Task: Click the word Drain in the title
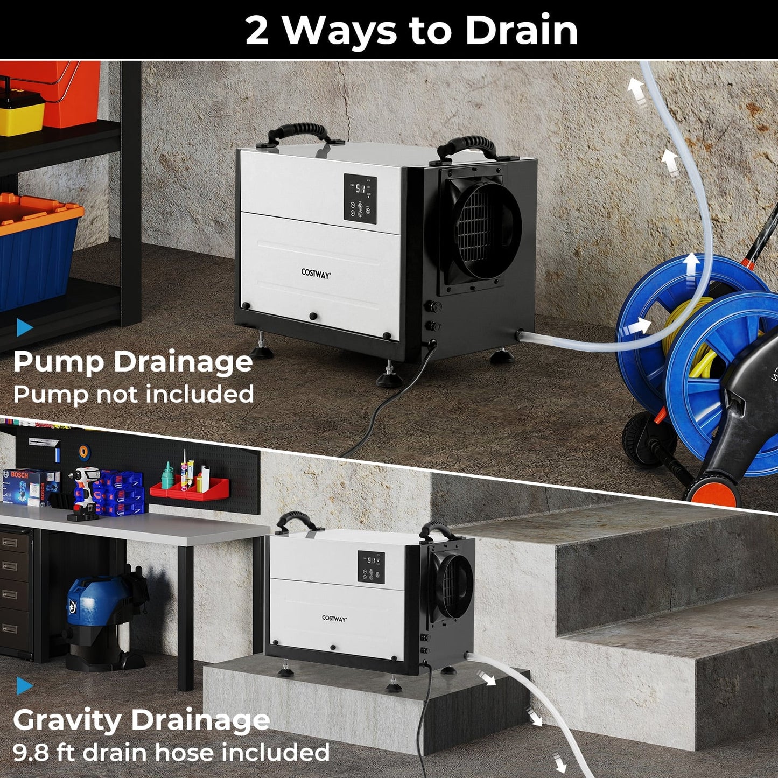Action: pyautogui.click(x=521, y=31)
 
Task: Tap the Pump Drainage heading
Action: pyautogui.click(x=132, y=361)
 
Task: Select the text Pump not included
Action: pyautogui.click(x=133, y=394)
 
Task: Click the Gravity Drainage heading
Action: pyautogui.click(x=141, y=720)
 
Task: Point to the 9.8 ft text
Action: pyautogui.click(x=44, y=752)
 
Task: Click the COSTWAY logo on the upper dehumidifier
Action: pyautogui.click(x=316, y=273)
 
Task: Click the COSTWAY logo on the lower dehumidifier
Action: pyautogui.click(x=334, y=619)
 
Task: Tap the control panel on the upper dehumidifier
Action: pyautogui.click(x=360, y=198)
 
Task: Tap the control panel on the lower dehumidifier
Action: pyautogui.click(x=371, y=567)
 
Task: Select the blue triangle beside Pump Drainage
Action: pyautogui.click(x=24, y=327)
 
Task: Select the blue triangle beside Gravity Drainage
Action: pyautogui.click(x=24, y=685)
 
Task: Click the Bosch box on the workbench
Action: pyautogui.click(x=30, y=486)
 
